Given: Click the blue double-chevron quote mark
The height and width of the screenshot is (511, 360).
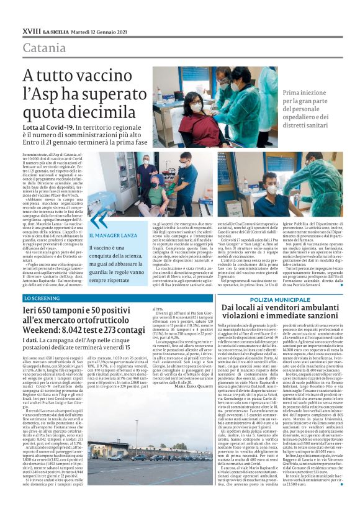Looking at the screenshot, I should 99,221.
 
